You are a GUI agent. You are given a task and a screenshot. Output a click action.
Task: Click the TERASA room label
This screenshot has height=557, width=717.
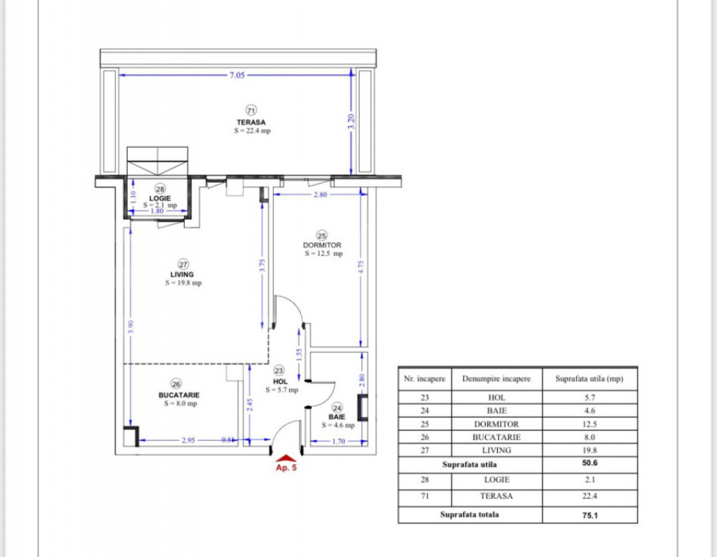(251, 122)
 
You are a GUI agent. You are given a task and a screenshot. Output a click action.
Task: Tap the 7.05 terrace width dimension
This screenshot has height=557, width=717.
(238, 75)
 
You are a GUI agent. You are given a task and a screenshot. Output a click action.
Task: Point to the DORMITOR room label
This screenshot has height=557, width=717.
(322, 245)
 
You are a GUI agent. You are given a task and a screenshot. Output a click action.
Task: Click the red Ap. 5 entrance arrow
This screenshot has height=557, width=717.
(286, 458)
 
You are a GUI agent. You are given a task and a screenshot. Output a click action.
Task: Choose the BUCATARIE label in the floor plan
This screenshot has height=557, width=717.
(179, 395)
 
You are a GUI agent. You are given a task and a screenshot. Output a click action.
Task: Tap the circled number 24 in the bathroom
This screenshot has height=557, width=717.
(336, 408)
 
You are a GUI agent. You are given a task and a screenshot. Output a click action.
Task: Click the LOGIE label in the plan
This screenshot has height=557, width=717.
(160, 198)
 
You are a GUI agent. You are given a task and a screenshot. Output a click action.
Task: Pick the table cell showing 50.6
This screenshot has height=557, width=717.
(589, 464)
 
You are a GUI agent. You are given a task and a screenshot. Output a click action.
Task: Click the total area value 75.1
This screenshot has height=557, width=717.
(589, 516)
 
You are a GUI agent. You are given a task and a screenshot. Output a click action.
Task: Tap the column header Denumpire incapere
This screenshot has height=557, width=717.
(497, 378)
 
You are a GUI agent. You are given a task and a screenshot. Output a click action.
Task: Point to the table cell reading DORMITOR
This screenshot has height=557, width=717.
(497, 424)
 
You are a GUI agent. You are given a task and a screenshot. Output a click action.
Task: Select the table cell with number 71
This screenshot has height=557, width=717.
(424, 496)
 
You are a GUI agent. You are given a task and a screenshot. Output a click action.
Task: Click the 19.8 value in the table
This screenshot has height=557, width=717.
(589, 450)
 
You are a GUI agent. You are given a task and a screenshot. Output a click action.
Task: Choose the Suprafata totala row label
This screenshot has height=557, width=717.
(470, 516)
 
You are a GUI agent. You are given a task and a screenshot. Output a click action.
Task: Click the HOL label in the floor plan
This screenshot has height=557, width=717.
(281, 381)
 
